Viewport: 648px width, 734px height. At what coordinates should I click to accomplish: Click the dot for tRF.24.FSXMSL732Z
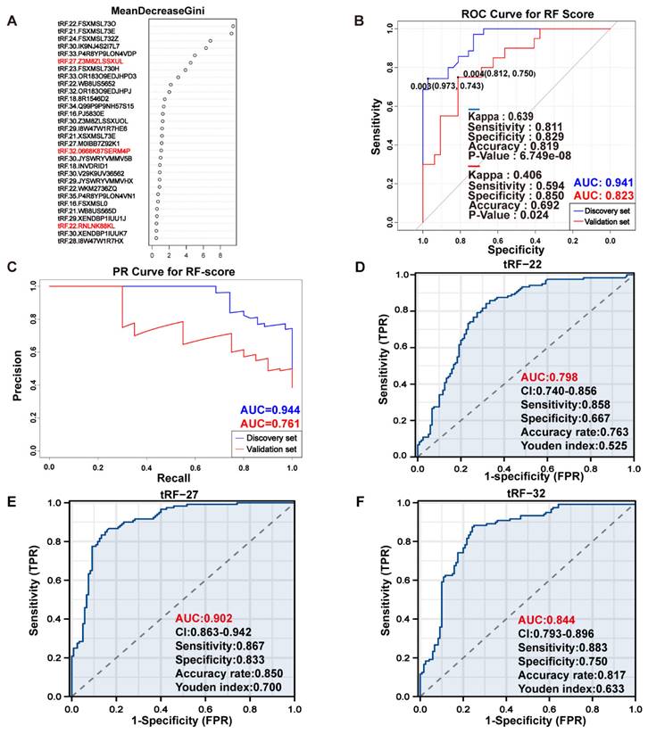(210, 41)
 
